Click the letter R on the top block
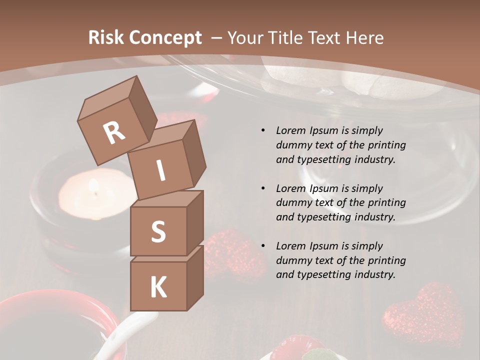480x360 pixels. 114,132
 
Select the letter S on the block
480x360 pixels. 158,231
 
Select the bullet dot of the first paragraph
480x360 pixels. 263,130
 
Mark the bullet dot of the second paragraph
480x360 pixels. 263,188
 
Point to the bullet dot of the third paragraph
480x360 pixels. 263,246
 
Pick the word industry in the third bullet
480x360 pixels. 375,274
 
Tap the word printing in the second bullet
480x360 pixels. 386,203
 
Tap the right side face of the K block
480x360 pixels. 195,277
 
